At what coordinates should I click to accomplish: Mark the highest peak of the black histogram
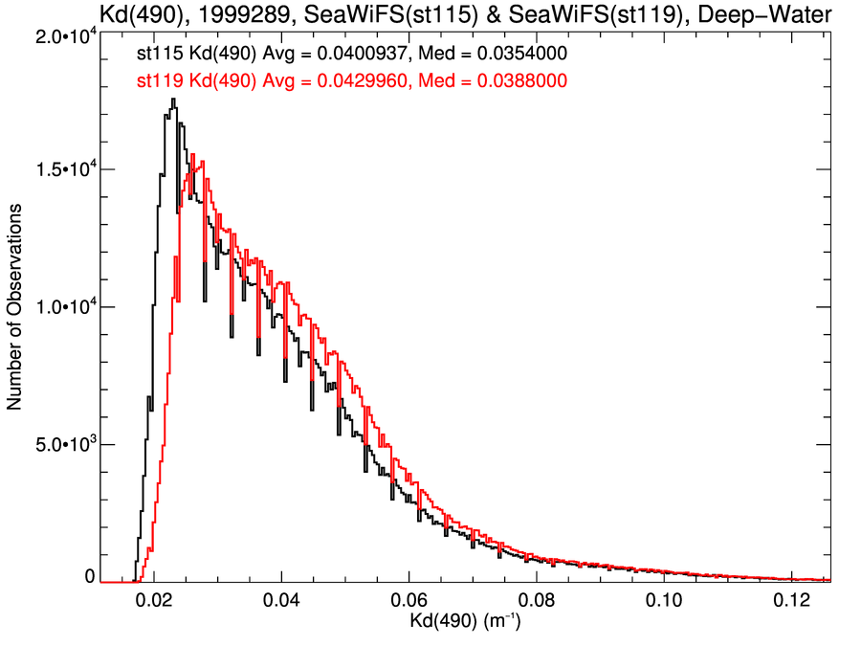click(x=173, y=99)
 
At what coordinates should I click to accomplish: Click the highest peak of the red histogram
click(x=193, y=155)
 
